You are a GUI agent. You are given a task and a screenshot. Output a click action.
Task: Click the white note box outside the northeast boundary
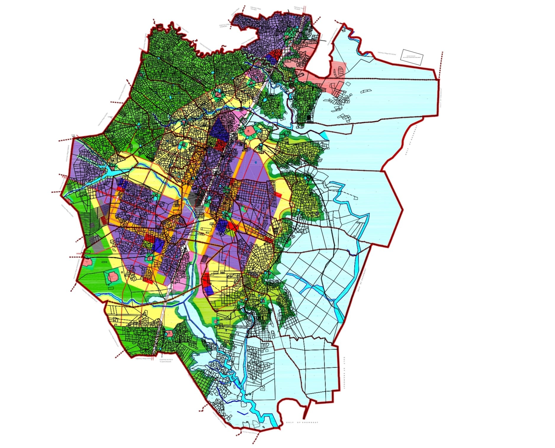coord(412,57)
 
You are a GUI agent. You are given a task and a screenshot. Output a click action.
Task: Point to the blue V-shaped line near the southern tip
coord(243,413)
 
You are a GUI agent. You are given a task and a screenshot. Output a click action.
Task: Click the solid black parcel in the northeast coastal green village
coord(309,118)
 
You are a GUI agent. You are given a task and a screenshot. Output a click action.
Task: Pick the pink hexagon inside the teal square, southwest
coord(113,277)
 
